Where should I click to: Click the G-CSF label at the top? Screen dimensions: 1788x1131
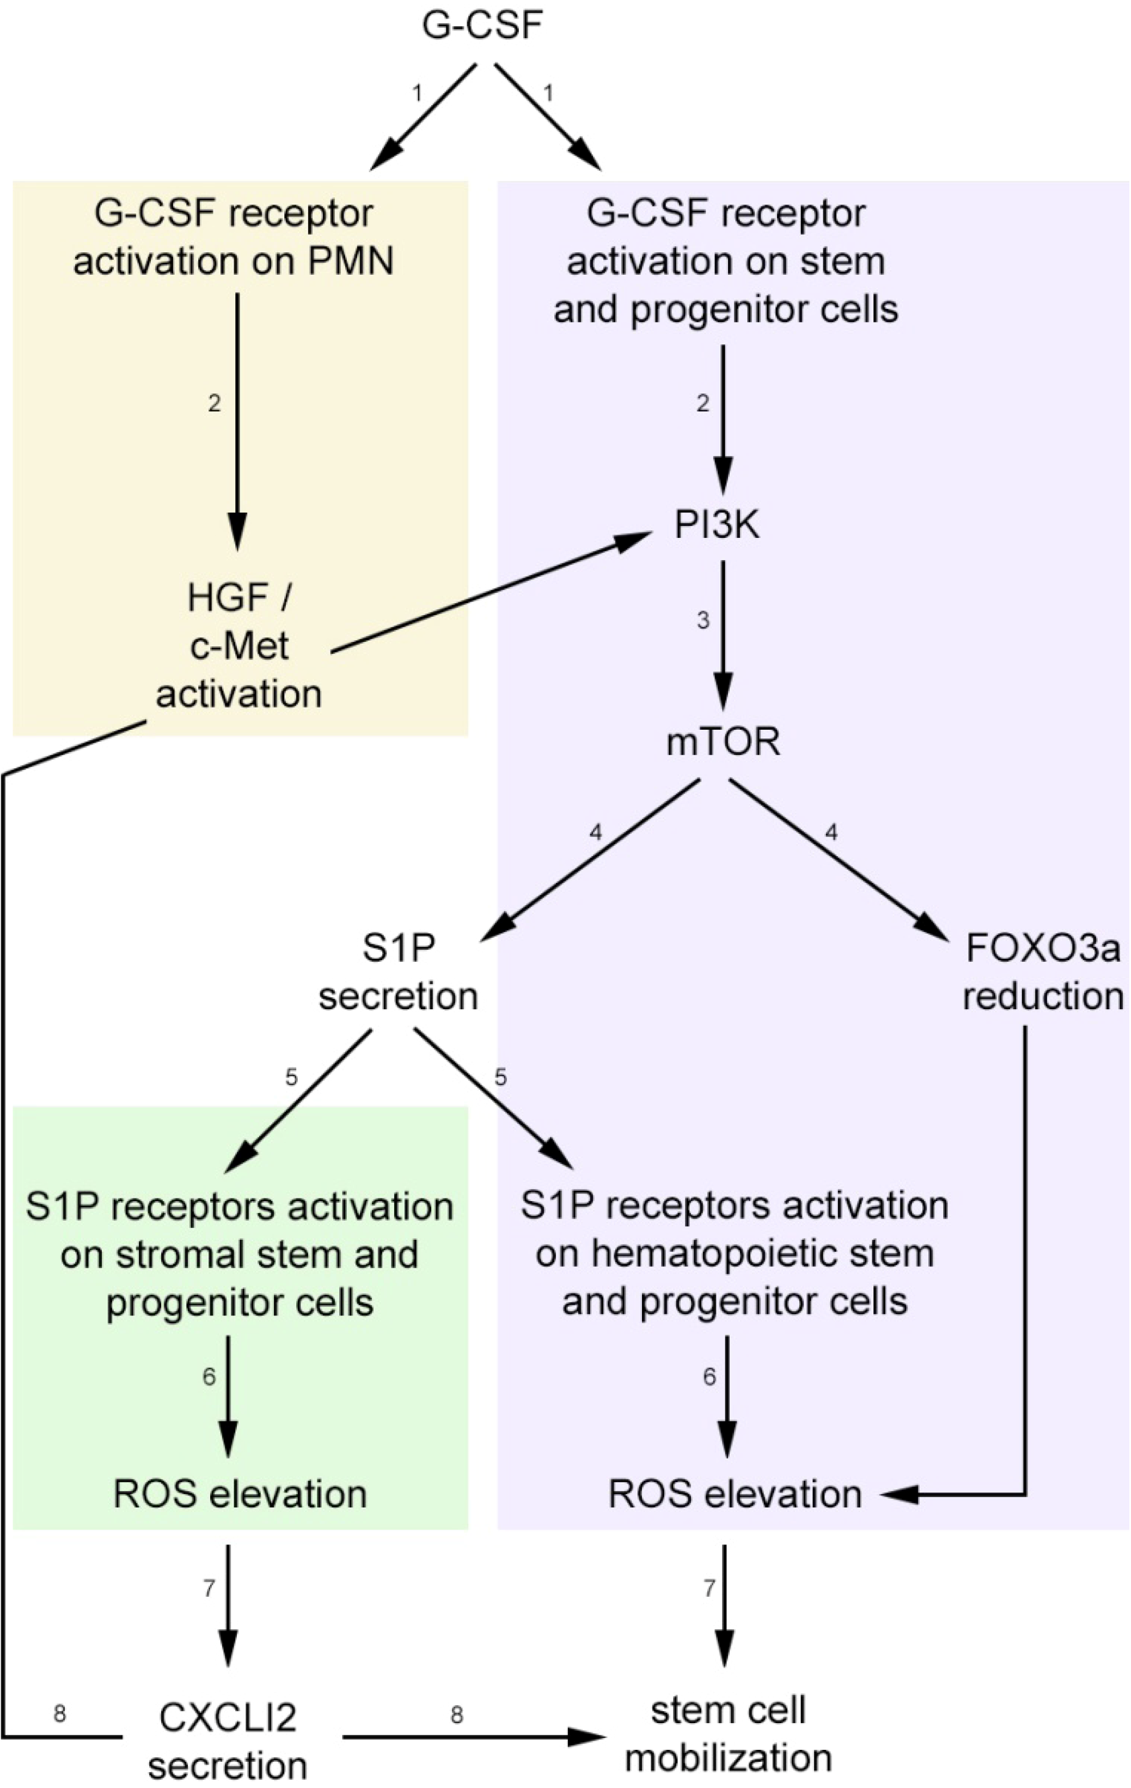482,26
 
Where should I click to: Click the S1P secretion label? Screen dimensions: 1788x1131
399,973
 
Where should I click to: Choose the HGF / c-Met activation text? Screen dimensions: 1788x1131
239,646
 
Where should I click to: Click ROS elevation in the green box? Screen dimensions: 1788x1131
240,1494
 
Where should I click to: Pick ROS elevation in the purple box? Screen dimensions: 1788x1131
735,1494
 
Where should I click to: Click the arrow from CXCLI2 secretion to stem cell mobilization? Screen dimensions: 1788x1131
475,1736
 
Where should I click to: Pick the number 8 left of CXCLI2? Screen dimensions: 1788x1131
59,1714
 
